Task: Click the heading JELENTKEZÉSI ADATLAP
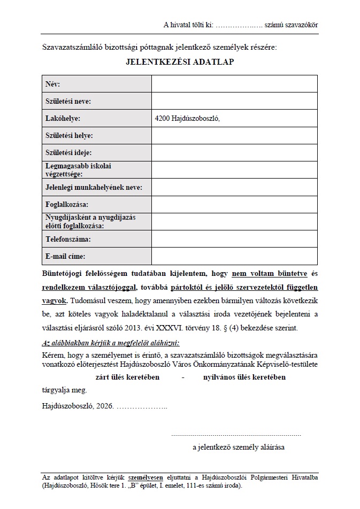tap(180, 61)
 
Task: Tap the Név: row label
tap(53, 84)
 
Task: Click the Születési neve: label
tap(68, 101)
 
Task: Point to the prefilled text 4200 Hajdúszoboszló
tap(187, 119)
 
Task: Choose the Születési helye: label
tap(70, 136)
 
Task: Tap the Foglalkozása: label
tap(67, 205)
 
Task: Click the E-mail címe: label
tap(65, 256)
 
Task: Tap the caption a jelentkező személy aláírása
tap(239, 446)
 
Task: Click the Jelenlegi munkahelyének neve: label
tap(98, 187)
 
